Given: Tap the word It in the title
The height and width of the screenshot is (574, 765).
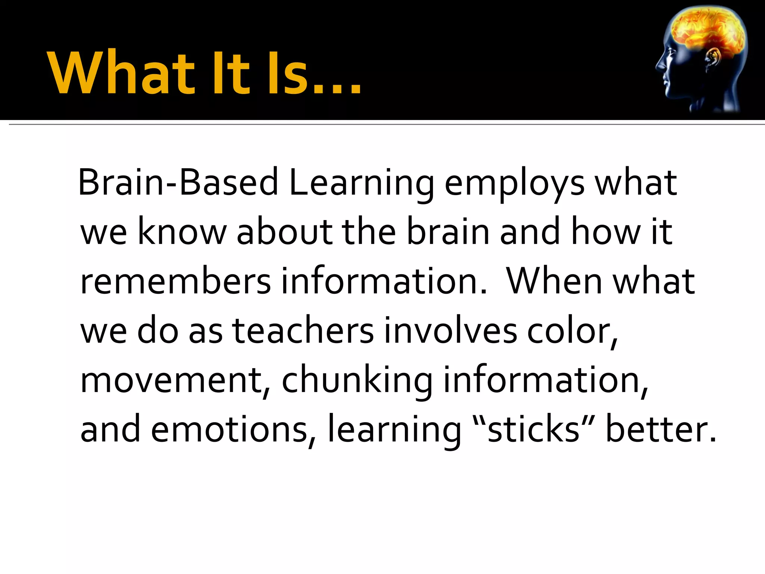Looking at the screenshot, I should point(231,73).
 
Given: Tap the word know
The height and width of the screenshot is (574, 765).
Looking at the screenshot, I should point(182,232).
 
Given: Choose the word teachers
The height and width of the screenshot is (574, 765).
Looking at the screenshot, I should point(303,331).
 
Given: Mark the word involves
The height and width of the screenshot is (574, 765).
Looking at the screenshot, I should point(450,331).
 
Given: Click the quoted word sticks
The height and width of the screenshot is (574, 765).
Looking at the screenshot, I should point(533,429).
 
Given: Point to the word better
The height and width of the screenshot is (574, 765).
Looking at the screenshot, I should point(660,429).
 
